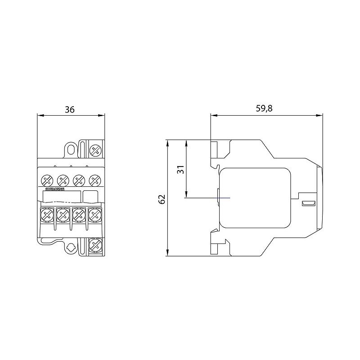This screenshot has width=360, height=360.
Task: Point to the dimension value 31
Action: point(180,170)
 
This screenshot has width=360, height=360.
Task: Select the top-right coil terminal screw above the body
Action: point(95,150)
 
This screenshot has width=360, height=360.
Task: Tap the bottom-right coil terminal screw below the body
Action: point(95,245)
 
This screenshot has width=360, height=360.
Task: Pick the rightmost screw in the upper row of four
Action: point(94,180)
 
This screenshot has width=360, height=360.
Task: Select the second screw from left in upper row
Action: point(63,180)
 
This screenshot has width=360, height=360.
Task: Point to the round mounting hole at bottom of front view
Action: point(70,247)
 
